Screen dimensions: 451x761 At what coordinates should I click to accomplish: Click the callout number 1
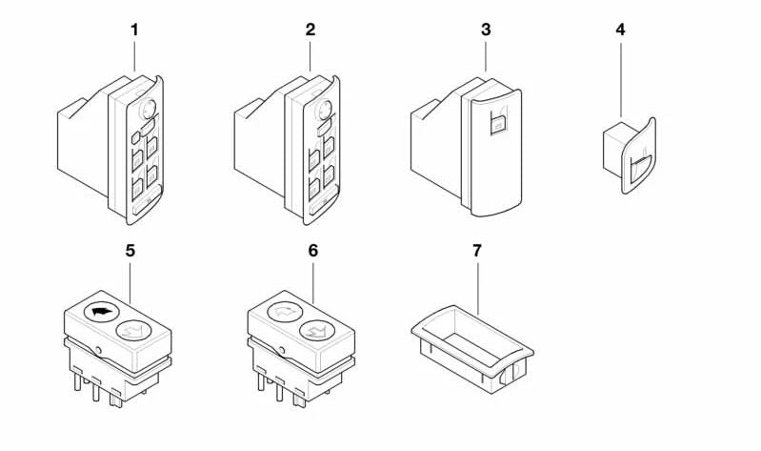coord(134,30)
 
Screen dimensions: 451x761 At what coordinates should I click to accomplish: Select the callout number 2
coord(310,30)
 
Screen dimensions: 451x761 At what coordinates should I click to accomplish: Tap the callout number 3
coord(486,30)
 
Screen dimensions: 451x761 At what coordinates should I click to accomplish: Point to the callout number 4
coord(621,30)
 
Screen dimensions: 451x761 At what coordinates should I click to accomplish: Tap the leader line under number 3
coord(487,56)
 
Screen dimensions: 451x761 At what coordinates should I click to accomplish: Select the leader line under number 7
coord(477,286)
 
